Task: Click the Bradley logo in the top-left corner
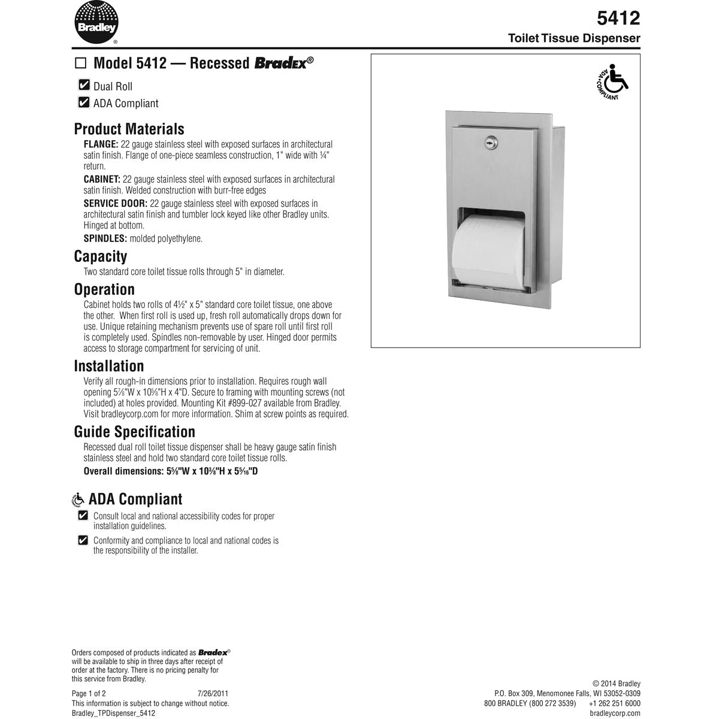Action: tap(96, 23)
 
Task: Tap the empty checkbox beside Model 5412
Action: tap(80, 63)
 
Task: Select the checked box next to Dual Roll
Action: tap(84, 86)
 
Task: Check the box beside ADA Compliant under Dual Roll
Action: tap(84, 102)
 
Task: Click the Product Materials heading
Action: tap(129, 129)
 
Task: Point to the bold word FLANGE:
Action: tap(101, 144)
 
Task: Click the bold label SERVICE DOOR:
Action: tap(115, 204)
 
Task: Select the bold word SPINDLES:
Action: tap(105, 238)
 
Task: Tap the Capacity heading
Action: tap(101, 256)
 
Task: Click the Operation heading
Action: tap(104, 289)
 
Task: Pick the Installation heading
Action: tap(109, 366)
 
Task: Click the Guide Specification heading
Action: tap(134, 432)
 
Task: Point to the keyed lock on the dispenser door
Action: tap(490, 143)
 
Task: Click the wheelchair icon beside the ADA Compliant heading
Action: tap(78, 500)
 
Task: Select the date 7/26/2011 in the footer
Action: tap(213, 693)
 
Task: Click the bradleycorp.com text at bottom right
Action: tap(615, 713)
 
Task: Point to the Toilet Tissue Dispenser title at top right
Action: tap(574, 38)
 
